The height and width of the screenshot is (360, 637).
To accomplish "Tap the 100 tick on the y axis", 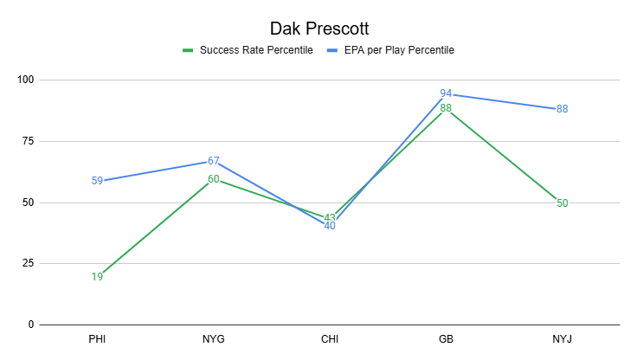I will pos(25,80).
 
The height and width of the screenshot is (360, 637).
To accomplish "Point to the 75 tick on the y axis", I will pos(28,141).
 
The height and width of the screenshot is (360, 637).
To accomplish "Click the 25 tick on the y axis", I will pos(28,264).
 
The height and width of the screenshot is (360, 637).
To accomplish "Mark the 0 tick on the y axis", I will pos(30,325).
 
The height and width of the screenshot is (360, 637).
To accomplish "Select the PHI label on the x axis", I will pos(97,339).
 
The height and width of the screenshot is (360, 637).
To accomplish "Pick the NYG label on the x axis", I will pos(213,339).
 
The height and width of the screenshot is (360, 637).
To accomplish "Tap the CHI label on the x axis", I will pos(330,339).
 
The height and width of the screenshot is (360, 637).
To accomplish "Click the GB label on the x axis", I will pos(446,339).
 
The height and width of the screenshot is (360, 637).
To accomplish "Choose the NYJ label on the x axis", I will pos(563,339).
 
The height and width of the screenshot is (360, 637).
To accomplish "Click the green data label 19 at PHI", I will pos(97,278).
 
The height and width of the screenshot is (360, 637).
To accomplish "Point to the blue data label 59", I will pos(97,181).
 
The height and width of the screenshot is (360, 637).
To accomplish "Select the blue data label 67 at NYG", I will pos(213,162).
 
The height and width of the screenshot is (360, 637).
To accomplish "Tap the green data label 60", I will pos(213,179).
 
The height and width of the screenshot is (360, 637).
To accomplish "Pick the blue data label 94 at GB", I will pos(446,93).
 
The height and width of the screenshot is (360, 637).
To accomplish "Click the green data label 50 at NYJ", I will pos(563,203).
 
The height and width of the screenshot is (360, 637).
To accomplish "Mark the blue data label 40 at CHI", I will pos(330,226).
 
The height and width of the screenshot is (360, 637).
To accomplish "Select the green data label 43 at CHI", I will pos(330,218).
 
